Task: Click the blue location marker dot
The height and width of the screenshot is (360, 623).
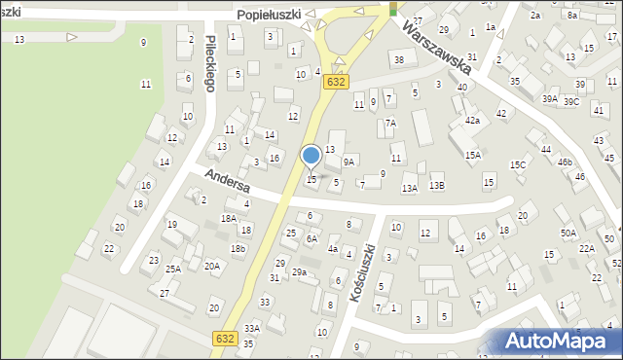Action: point(311,155)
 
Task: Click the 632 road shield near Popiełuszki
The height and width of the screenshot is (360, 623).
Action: point(337,83)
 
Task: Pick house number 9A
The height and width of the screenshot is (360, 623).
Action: point(348,162)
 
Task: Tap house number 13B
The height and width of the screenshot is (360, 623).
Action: point(437,186)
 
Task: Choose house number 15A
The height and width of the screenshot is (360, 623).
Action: point(473,155)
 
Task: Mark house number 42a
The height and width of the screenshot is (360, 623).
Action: point(472,120)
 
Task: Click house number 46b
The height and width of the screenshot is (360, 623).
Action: point(565,162)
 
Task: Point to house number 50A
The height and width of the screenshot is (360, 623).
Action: point(568,234)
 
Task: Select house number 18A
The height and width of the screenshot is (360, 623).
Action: point(229,219)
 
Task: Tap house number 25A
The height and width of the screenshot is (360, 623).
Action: point(173,269)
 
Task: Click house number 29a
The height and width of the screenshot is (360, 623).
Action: point(300,272)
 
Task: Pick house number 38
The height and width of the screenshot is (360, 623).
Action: point(398,60)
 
